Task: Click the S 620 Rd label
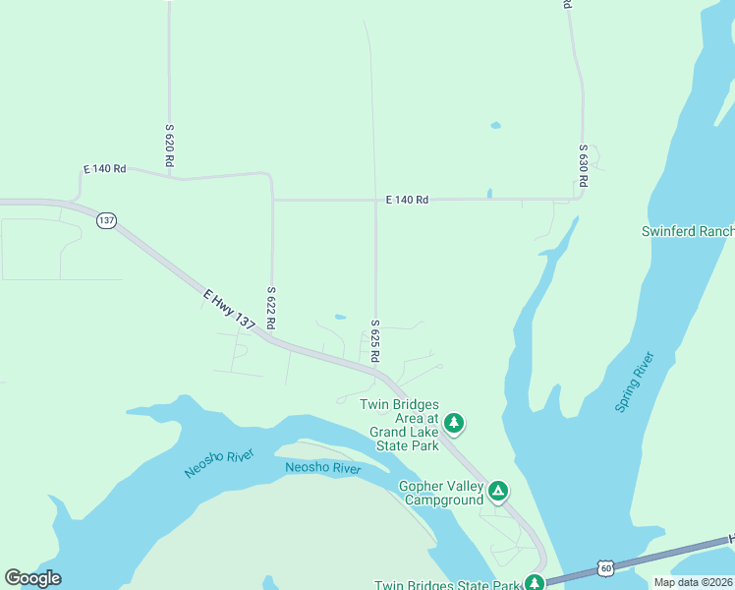point(170,144)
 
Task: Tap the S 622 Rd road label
point(271,308)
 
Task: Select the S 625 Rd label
point(375,339)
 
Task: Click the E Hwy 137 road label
point(230,310)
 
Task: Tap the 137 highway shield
point(106,221)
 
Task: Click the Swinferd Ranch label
point(688,231)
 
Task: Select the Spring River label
point(634,382)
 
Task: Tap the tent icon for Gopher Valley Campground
point(498,491)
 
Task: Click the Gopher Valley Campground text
point(441,493)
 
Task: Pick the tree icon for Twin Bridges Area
point(453,424)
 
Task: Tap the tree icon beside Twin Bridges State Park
point(534,582)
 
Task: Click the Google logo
point(33,578)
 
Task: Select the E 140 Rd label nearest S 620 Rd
point(105,169)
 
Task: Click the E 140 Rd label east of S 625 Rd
point(407,200)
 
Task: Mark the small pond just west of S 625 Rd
point(340,317)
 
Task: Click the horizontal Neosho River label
point(323,468)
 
